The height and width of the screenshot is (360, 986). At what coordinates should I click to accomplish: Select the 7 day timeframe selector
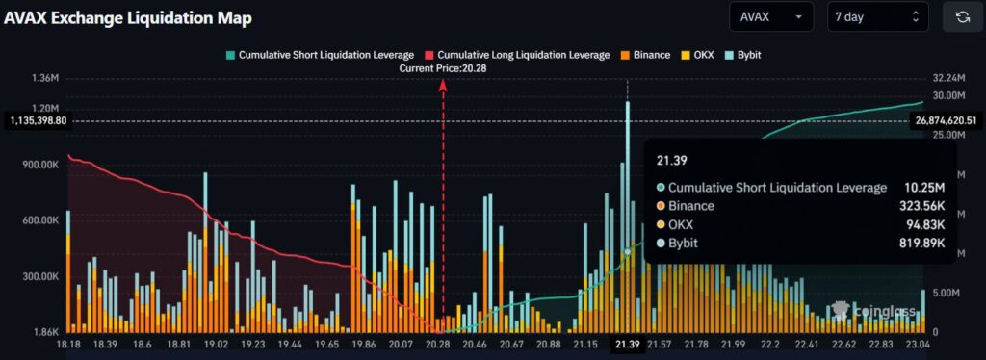coord(877,17)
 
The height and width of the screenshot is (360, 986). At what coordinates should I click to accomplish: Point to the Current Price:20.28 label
coord(443,68)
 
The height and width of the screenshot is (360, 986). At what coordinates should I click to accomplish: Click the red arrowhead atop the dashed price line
coord(443,84)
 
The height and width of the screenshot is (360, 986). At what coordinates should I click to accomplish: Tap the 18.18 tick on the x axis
coord(67,344)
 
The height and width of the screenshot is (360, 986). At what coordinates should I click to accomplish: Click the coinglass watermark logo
coord(868,309)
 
